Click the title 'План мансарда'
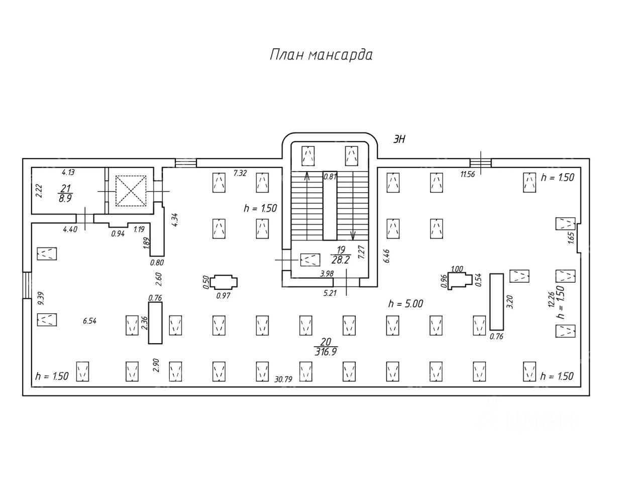(x=321, y=54)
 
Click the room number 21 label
(x=65, y=188)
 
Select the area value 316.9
(x=325, y=352)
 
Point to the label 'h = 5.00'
(x=405, y=303)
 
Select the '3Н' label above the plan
(x=399, y=140)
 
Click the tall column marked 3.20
(x=496, y=302)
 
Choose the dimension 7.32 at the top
(x=240, y=173)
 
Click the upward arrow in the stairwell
(x=307, y=176)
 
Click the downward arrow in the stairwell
(x=353, y=235)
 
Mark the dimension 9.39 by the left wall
(x=41, y=298)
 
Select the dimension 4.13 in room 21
(x=68, y=173)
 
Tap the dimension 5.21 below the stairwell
(x=330, y=293)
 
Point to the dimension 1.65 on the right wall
(x=571, y=237)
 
